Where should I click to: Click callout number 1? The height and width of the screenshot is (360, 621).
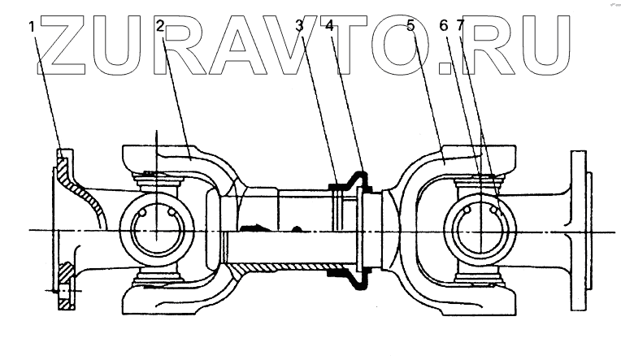pos(32,26)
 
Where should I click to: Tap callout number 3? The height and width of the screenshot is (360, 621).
pos(300,26)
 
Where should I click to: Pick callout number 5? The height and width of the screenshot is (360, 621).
pos(411,26)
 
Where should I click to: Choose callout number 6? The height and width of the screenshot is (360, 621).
pos(443,26)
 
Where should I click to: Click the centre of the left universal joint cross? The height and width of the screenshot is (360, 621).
pos(154,231)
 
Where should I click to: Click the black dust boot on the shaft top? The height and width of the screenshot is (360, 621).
pos(351,180)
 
